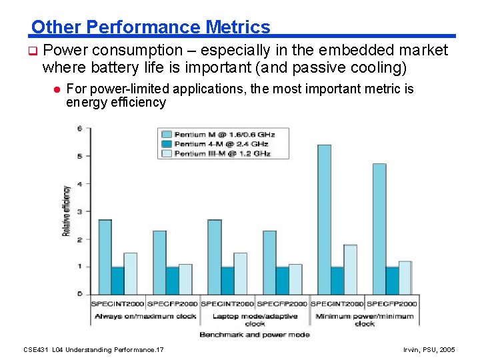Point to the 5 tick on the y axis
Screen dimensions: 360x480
tap(80, 156)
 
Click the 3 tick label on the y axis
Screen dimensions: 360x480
tap(80, 211)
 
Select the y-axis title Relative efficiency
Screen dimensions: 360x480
tap(67, 211)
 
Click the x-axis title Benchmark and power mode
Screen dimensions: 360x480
tap(255, 334)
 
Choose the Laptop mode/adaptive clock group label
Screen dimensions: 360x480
tap(255, 319)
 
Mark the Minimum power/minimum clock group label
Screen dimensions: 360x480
tap(364, 319)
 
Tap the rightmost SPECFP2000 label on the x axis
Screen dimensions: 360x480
tap(392, 304)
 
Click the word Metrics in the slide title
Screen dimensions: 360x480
tap(238, 27)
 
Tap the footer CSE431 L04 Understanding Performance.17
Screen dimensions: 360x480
tap(93, 349)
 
